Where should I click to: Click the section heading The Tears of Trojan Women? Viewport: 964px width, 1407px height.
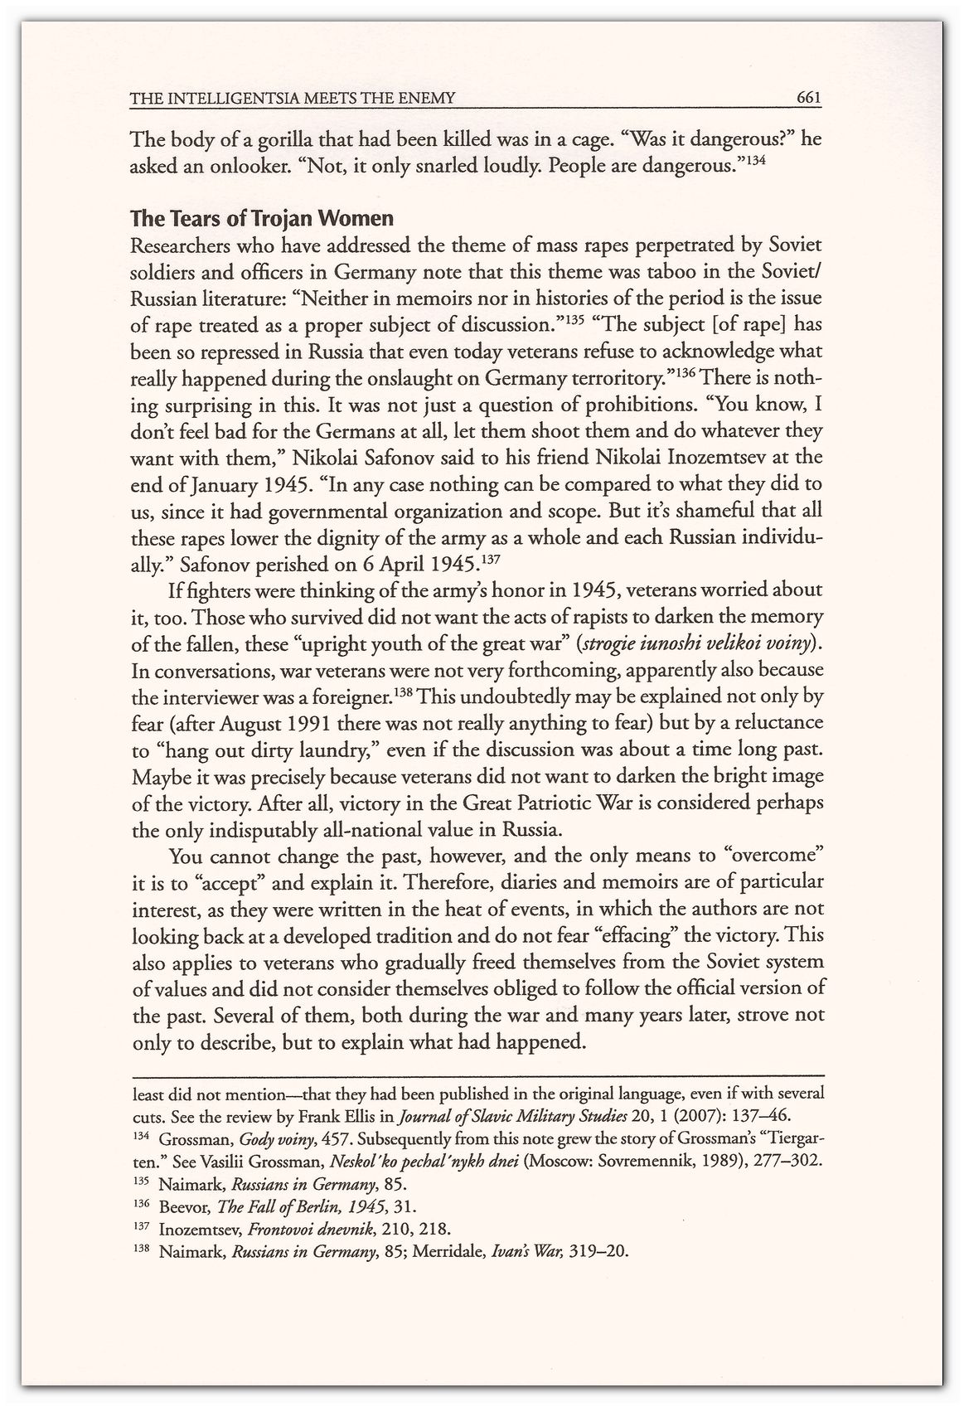(x=262, y=219)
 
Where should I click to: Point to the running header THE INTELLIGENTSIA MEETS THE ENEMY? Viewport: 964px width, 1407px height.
(x=293, y=99)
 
